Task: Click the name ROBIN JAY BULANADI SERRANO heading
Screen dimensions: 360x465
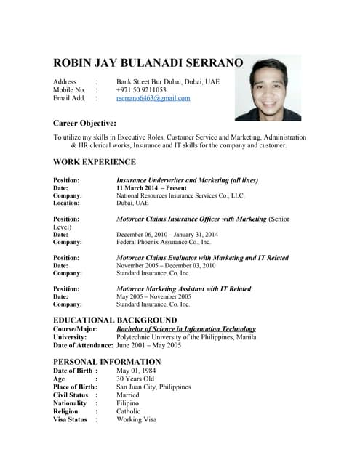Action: click(148, 63)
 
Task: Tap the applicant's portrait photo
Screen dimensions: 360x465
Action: click(267, 89)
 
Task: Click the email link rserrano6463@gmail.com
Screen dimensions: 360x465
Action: click(153, 98)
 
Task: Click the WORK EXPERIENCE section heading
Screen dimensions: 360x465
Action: click(95, 162)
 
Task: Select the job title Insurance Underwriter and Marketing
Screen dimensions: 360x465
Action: click(187, 179)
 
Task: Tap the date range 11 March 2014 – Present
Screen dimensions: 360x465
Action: click(151, 187)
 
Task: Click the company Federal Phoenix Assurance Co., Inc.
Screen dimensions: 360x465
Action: click(164, 242)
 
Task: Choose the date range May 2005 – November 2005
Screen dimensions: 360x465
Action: click(153, 296)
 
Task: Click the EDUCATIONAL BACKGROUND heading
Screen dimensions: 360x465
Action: click(115, 320)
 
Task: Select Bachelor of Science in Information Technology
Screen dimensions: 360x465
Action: click(186, 328)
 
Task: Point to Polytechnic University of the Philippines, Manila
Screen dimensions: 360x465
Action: click(186, 336)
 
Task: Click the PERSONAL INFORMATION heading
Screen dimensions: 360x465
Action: click(107, 361)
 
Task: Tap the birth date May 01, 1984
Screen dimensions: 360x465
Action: click(137, 371)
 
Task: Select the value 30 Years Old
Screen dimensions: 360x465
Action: click(135, 379)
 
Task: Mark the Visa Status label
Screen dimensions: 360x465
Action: click(71, 419)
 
